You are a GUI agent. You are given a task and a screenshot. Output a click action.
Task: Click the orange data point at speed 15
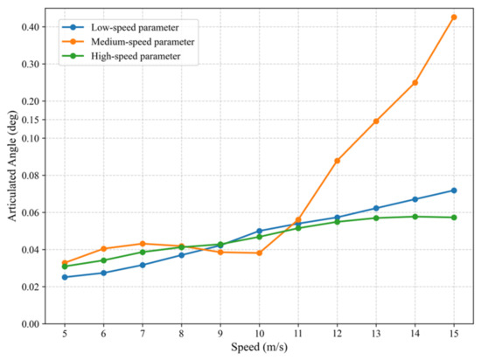pos(454,17)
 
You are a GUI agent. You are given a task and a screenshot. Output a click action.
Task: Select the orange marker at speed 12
pos(337,161)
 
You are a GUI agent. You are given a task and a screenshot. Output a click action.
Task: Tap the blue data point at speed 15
pos(454,190)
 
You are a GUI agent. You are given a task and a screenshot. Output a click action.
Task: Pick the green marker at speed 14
pos(415,217)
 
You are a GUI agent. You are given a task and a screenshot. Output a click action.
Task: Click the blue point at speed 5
pos(65,277)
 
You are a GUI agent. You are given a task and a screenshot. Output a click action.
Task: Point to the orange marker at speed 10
pos(259,253)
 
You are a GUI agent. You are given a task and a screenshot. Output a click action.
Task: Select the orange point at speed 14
pos(415,83)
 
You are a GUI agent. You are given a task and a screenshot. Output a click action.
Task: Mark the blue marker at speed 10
pos(259,231)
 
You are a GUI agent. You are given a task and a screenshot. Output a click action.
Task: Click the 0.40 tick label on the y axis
pos(31,27)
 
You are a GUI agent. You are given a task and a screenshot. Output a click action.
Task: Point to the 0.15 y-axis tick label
pos(31,120)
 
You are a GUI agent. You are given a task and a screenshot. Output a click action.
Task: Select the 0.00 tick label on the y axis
pos(31,324)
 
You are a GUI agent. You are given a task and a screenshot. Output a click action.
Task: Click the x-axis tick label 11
pos(298,333)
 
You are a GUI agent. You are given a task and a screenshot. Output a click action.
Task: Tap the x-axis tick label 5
pos(65,333)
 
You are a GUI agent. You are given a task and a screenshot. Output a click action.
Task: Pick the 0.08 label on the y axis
pos(31,176)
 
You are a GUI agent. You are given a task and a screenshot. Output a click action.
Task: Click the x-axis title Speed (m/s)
pos(259,348)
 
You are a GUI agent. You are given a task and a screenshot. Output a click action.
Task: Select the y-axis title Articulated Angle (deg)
pos(12,166)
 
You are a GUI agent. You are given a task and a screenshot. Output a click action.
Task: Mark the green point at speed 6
pos(104,260)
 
